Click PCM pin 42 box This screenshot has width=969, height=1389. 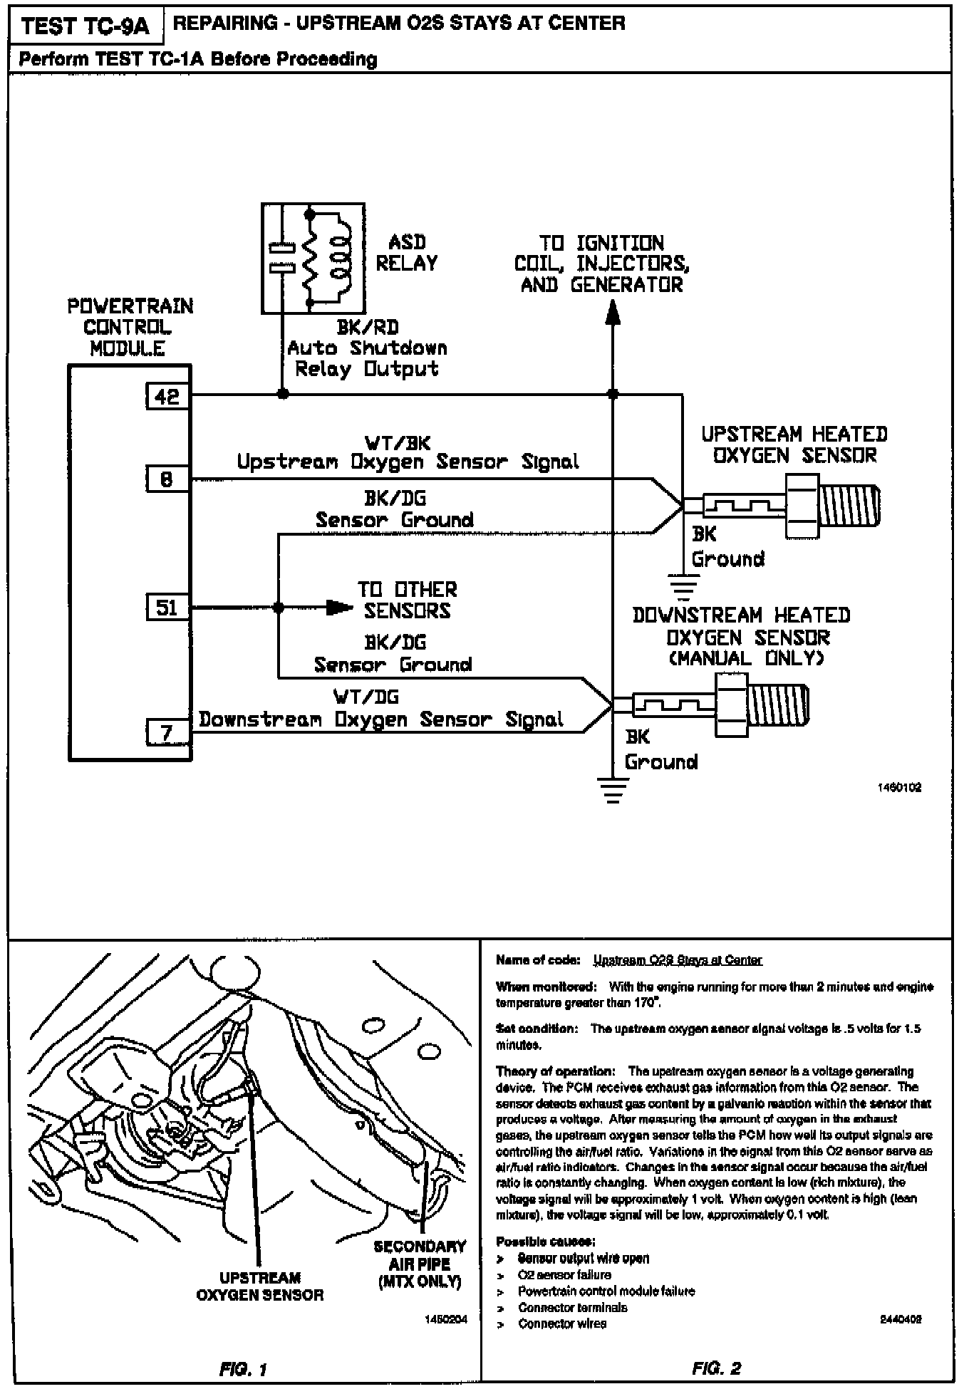pyautogui.click(x=167, y=396)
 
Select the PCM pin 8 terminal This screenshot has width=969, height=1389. pyautogui.click(x=167, y=479)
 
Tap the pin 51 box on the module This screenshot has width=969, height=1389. pyautogui.click(x=167, y=608)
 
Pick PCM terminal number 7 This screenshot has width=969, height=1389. pyautogui.click(x=167, y=732)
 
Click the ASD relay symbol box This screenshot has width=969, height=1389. pyautogui.click(x=313, y=258)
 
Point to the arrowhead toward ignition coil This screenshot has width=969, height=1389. pyautogui.click(x=612, y=312)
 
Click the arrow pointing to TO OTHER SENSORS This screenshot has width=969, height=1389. pyautogui.click(x=339, y=608)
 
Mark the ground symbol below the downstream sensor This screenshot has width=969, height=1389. pyautogui.click(x=612, y=789)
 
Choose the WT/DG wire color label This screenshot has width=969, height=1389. pyautogui.click(x=366, y=697)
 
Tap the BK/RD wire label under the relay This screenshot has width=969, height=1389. pyautogui.click(x=368, y=328)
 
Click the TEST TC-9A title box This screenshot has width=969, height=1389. pyautogui.click(x=85, y=26)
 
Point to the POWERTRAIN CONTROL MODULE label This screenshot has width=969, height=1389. pyautogui.click(x=130, y=327)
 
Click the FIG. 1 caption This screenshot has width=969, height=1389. pyautogui.click(x=244, y=1369)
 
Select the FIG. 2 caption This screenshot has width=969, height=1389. pyautogui.click(x=717, y=1368)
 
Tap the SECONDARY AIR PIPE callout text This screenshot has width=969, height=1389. pyautogui.click(x=420, y=1264)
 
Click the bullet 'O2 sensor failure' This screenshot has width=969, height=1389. pyautogui.click(x=564, y=1274)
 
